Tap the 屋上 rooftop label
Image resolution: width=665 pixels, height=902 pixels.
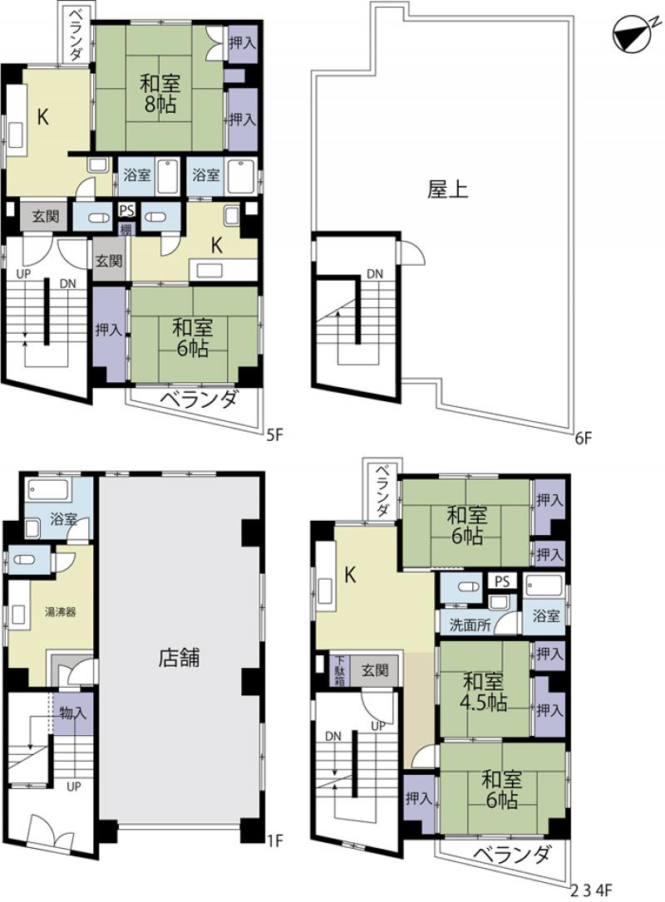[x=447, y=189]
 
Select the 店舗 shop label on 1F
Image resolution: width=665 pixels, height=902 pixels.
[x=179, y=657]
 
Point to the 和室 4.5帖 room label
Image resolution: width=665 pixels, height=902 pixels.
[x=485, y=692]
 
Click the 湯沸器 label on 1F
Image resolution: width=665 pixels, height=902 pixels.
[x=61, y=611]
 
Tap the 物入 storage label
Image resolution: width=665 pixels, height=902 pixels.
[x=73, y=713]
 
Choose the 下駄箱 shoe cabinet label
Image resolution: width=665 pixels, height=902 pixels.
[x=340, y=671]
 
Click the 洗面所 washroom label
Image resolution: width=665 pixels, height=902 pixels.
[x=470, y=625]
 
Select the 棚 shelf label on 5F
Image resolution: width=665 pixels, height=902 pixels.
[x=125, y=228]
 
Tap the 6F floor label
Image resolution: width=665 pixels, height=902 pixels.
[x=583, y=439]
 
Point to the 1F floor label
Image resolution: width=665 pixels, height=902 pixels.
[x=275, y=841]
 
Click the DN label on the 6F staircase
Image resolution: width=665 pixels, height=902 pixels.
[x=375, y=274]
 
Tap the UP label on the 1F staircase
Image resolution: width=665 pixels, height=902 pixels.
[x=74, y=786]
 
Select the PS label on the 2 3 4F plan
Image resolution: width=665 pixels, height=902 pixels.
[x=502, y=581]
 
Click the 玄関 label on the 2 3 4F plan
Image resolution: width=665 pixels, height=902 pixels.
[x=375, y=670]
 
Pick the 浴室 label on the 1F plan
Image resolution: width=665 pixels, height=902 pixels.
[x=63, y=519]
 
